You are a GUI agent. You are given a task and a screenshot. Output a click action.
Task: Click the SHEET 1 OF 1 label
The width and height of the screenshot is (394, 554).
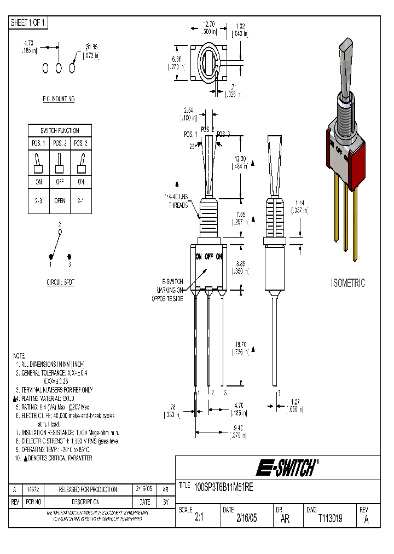28,22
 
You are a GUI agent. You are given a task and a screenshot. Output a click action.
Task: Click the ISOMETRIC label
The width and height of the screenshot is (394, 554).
347,283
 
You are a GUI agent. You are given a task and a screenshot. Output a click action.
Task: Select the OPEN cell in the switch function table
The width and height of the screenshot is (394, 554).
60,200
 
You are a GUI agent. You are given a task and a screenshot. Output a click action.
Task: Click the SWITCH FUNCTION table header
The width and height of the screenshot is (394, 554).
60,131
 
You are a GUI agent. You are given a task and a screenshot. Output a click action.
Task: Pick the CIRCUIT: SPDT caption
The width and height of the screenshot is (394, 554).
60,283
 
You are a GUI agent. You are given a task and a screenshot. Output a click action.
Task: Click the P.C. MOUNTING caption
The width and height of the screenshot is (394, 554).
59,99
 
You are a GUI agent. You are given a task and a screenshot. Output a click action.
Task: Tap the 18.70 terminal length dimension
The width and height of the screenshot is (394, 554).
240,348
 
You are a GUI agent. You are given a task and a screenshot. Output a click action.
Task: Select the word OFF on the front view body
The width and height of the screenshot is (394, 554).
208,256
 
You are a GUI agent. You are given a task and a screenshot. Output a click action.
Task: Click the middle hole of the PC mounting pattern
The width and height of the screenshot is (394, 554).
59,67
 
